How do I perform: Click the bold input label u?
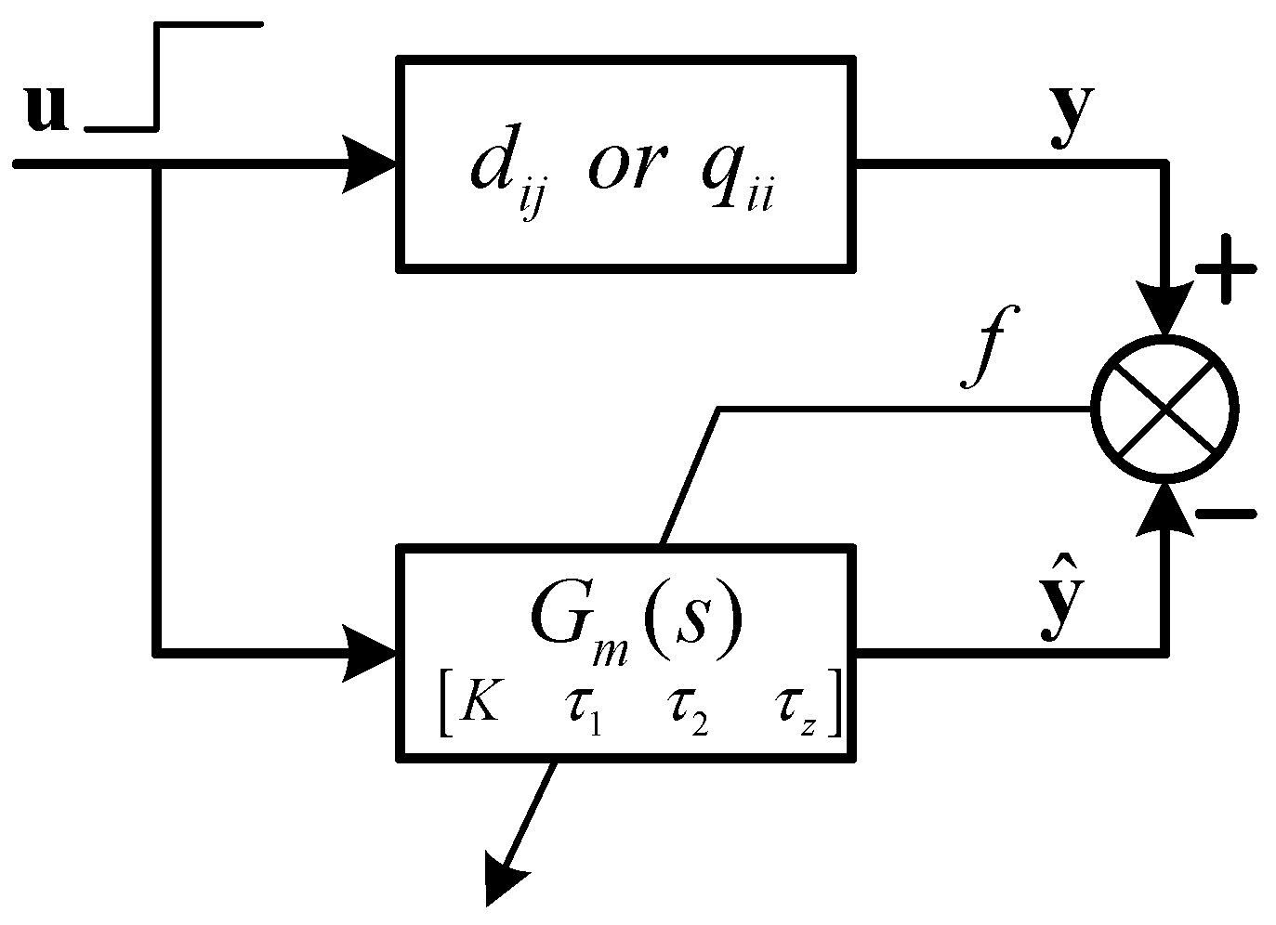46,109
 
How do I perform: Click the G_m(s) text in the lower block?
636,618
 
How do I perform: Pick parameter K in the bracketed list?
480,707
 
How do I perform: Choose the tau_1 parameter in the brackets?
581,710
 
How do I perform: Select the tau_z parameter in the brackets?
795,710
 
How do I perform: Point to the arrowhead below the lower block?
506,881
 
